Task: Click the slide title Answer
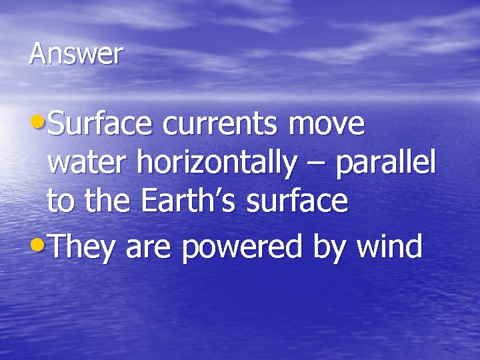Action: (76, 54)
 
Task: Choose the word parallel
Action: (385, 163)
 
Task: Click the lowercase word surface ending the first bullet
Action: (297, 201)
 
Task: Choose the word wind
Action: (390, 247)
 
